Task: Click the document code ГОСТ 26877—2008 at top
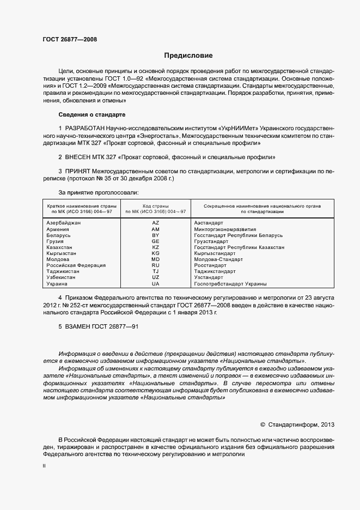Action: coord(70,39)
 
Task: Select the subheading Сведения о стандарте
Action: coord(91,115)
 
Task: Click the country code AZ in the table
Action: coord(155,223)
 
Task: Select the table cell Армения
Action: coord(58,229)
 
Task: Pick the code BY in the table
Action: coord(155,235)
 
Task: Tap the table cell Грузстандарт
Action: coord(210,241)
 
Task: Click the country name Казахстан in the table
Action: coord(60,247)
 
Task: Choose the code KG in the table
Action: coord(155,253)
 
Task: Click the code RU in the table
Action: coord(155,265)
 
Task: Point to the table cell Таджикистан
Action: coord(63,271)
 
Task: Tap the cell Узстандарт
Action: coord(209,277)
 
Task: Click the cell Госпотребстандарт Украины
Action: coord(230,284)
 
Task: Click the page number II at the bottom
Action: coord(44,466)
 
